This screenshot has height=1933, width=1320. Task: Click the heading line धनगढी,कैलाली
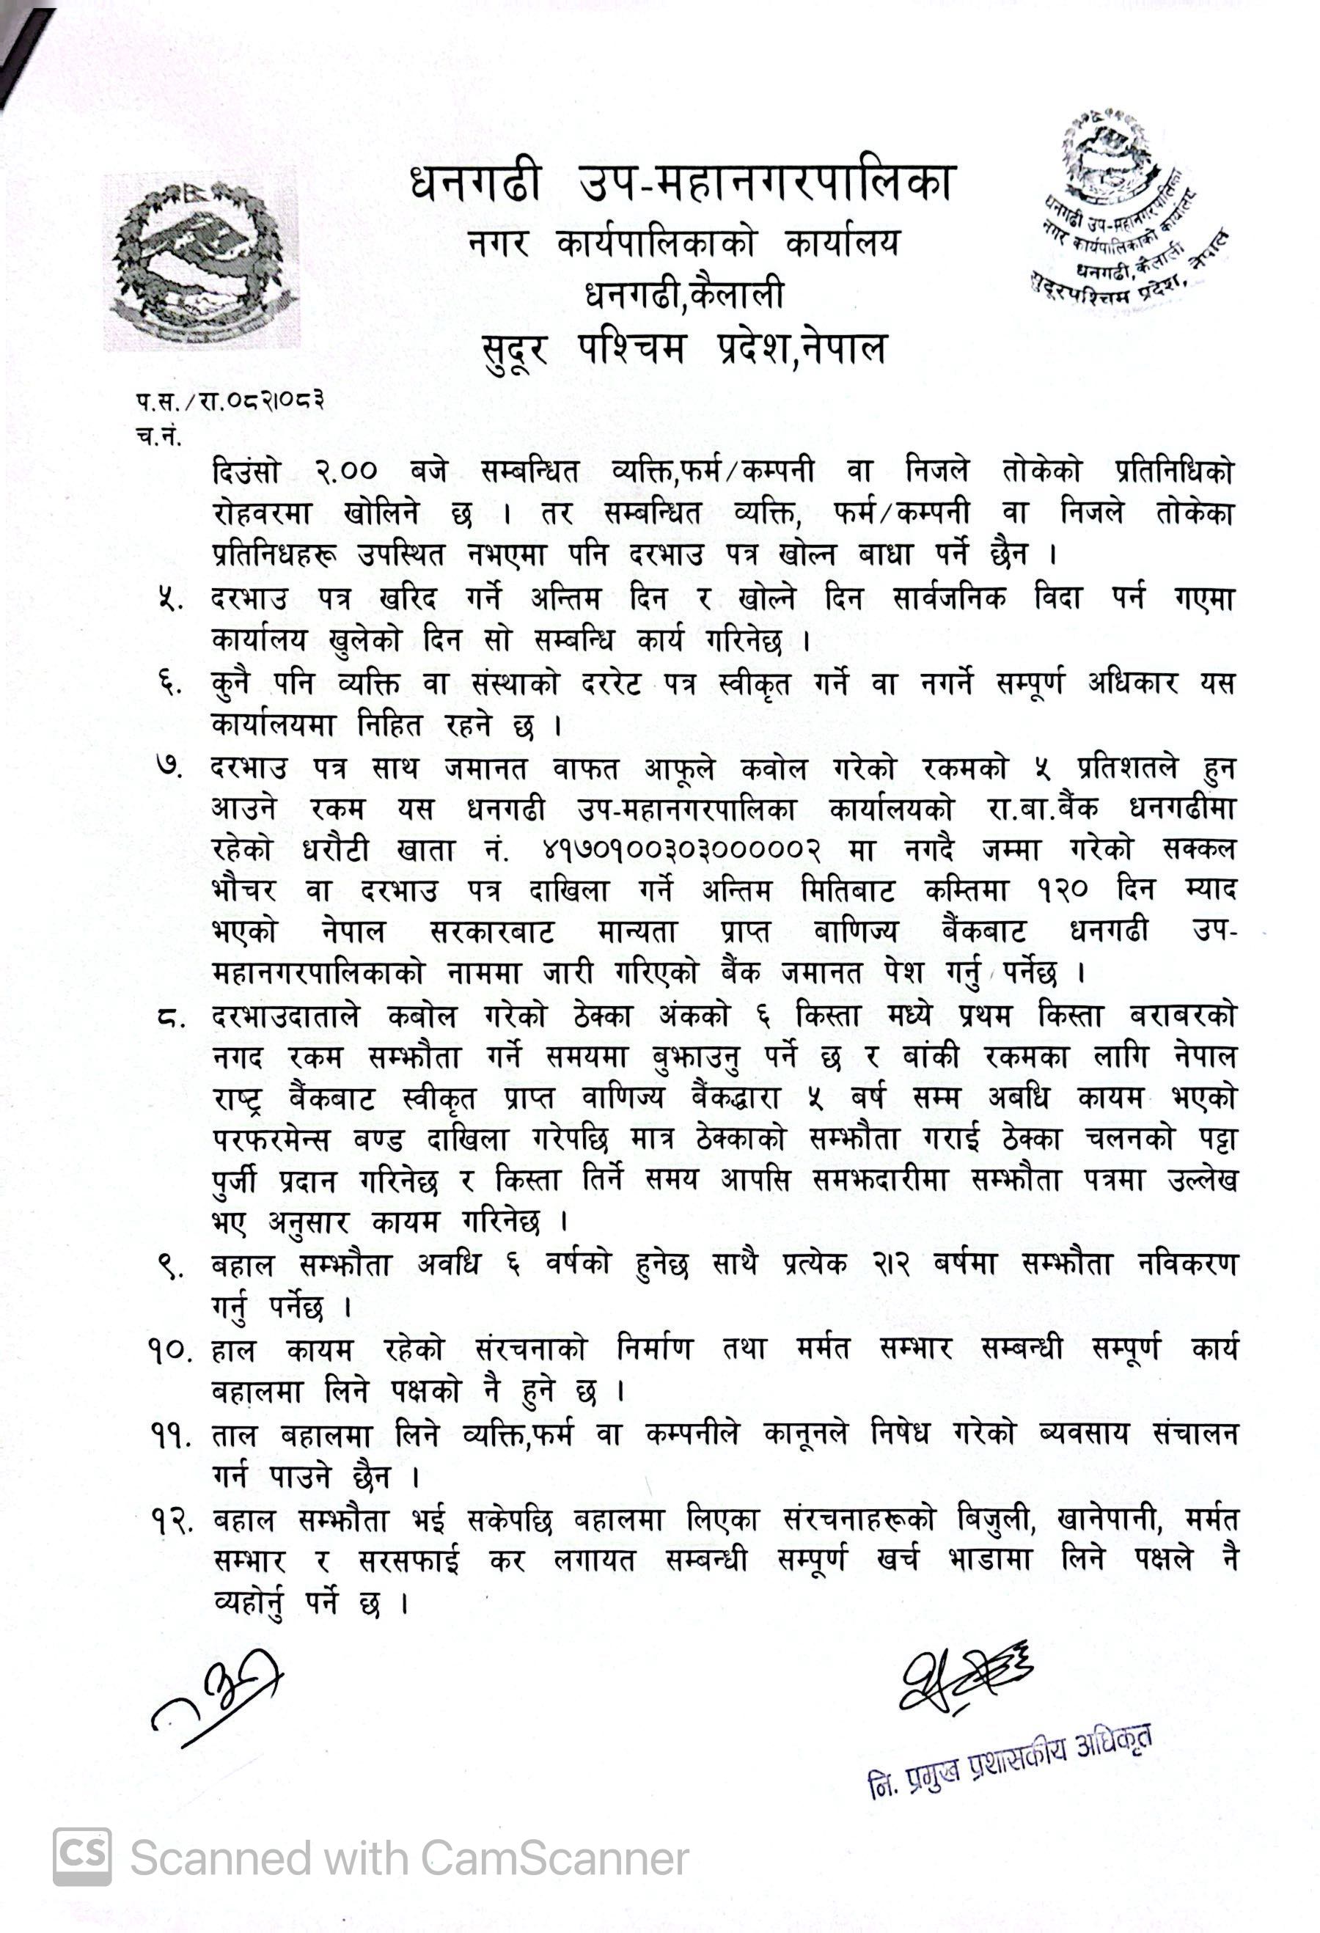tap(684, 295)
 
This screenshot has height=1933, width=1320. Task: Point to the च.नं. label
tap(158, 436)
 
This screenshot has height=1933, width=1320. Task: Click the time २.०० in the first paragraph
tap(346, 472)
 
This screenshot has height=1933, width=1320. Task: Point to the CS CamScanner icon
tap(81, 1857)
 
